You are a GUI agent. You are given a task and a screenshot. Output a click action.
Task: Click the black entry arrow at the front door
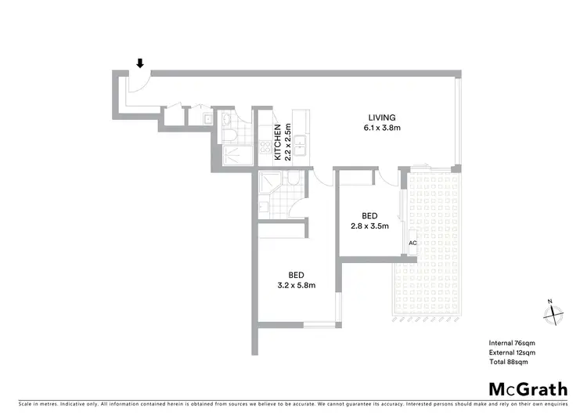point(141,63)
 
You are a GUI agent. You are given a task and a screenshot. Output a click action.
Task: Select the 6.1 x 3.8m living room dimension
point(382,128)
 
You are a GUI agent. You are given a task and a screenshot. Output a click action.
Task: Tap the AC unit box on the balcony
point(412,243)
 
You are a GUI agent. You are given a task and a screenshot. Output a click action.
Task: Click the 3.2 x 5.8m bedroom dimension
point(296,285)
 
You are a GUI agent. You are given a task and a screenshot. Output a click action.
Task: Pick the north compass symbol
point(553,312)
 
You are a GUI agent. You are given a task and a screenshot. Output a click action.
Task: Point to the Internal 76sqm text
point(510,343)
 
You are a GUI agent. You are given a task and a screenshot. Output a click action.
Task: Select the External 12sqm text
point(510,352)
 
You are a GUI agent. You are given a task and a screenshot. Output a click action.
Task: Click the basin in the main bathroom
point(226,120)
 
